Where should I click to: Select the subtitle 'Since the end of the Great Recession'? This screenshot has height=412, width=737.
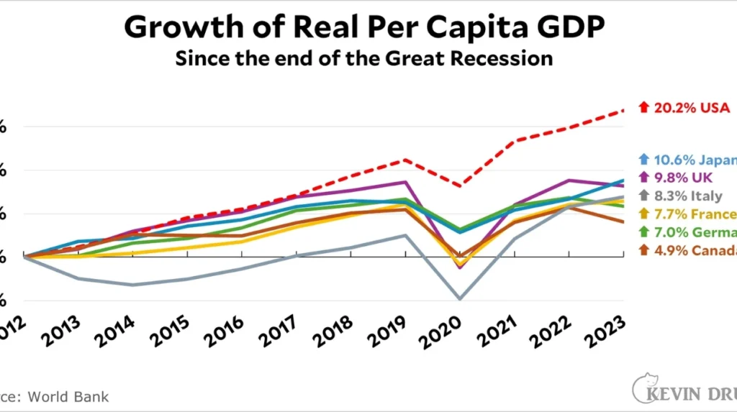point(364,58)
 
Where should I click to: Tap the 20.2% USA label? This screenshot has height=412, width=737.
point(691,108)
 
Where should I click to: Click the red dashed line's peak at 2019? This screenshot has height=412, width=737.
point(405,160)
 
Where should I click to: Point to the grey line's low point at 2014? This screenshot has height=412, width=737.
point(132,285)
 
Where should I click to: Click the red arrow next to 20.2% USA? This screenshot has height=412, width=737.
point(643,108)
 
